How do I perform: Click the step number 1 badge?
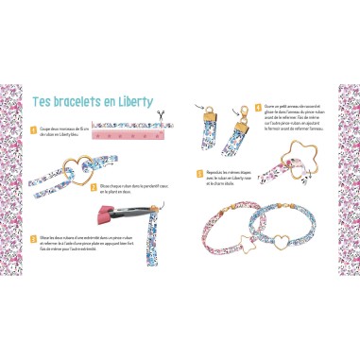click(x=32, y=129)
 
